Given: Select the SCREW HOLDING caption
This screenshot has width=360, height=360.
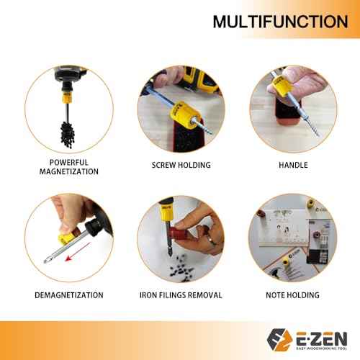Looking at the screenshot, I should click(x=181, y=165).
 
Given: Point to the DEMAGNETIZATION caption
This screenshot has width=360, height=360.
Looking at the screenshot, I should click(x=68, y=294).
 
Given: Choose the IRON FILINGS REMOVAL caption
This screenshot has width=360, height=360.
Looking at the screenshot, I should click(x=181, y=294).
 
